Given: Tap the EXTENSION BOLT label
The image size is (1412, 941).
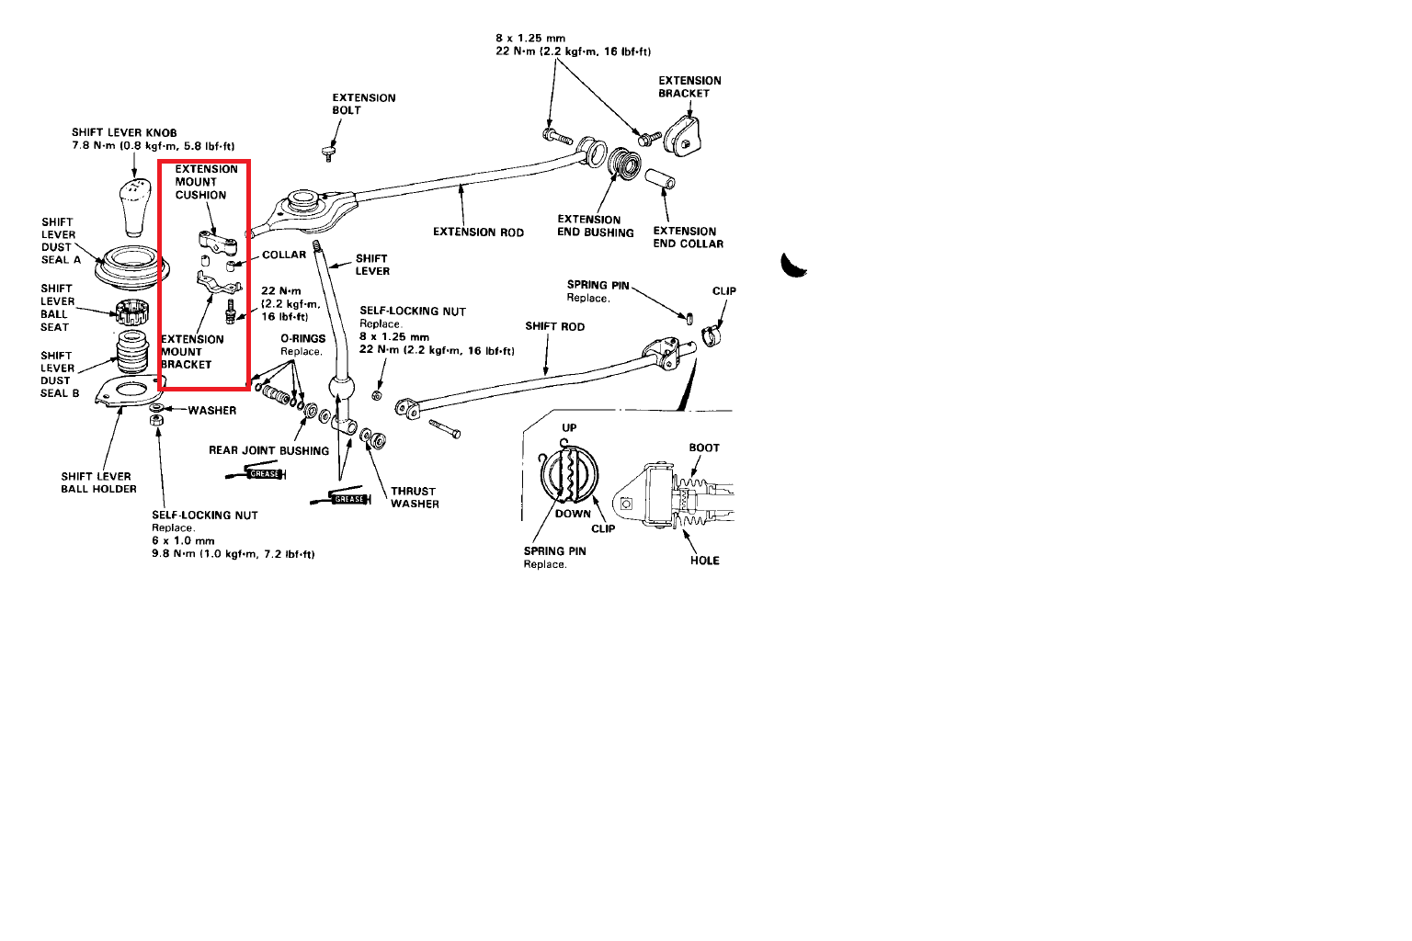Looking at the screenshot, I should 363,104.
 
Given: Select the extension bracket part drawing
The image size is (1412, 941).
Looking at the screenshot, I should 684,135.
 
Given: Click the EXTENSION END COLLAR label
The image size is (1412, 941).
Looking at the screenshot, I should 688,237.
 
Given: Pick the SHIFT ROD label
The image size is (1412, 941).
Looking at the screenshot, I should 554,326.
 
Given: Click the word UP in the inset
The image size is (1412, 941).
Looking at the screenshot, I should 569,428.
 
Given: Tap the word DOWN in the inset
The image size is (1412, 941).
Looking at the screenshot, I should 573,514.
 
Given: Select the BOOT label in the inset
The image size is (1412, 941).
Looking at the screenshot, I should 704,448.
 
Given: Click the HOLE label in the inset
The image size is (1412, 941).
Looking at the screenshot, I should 704,561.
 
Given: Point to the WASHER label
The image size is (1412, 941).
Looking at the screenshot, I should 211,411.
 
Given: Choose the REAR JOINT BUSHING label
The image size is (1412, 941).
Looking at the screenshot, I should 268,450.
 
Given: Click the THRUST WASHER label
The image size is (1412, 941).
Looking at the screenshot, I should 415,497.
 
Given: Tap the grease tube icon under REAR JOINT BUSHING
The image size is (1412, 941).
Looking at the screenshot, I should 257,474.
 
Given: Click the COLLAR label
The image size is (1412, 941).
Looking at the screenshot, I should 284,255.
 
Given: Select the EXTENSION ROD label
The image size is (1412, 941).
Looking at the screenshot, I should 478,232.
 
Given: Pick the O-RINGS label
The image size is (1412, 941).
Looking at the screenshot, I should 302,339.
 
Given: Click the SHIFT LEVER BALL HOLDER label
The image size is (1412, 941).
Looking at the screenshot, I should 98,482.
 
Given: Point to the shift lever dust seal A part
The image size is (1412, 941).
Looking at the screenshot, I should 134,267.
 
